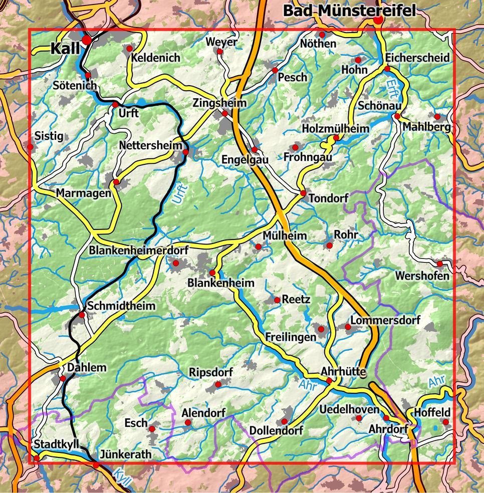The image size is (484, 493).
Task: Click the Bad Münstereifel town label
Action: pyautogui.click(x=349, y=10)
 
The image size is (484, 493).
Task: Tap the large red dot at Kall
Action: pyautogui.click(x=87, y=39)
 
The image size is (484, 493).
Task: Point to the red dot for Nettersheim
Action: pyautogui.click(x=185, y=152)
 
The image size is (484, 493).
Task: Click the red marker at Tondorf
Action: pyautogui.click(x=303, y=193)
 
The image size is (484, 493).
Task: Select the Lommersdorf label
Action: pyautogui.click(x=385, y=320)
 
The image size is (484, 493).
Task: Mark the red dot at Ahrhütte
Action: pyautogui.click(x=329, y=381)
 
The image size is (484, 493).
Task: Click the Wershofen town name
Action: pyautogui.click(x=422, y=276)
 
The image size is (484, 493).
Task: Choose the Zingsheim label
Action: pyautogui.click(x=220, y=103)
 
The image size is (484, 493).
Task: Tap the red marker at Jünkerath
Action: pyautogui.click(x=96, y=465)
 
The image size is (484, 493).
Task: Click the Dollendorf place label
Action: pyautogui.click(x=277, y=430)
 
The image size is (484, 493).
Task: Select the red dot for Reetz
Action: pyautogui.click(x=277, y=300)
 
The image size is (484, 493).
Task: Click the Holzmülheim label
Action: pyautogui.click(x=335, y=129)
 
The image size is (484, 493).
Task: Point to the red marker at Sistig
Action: pyautogui.click(x=31, y=147)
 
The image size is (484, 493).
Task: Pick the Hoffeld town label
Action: pyautogui.click(x=431, y=412)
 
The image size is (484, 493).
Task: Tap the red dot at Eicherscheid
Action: pyautogui.click(x=387, y=69)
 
